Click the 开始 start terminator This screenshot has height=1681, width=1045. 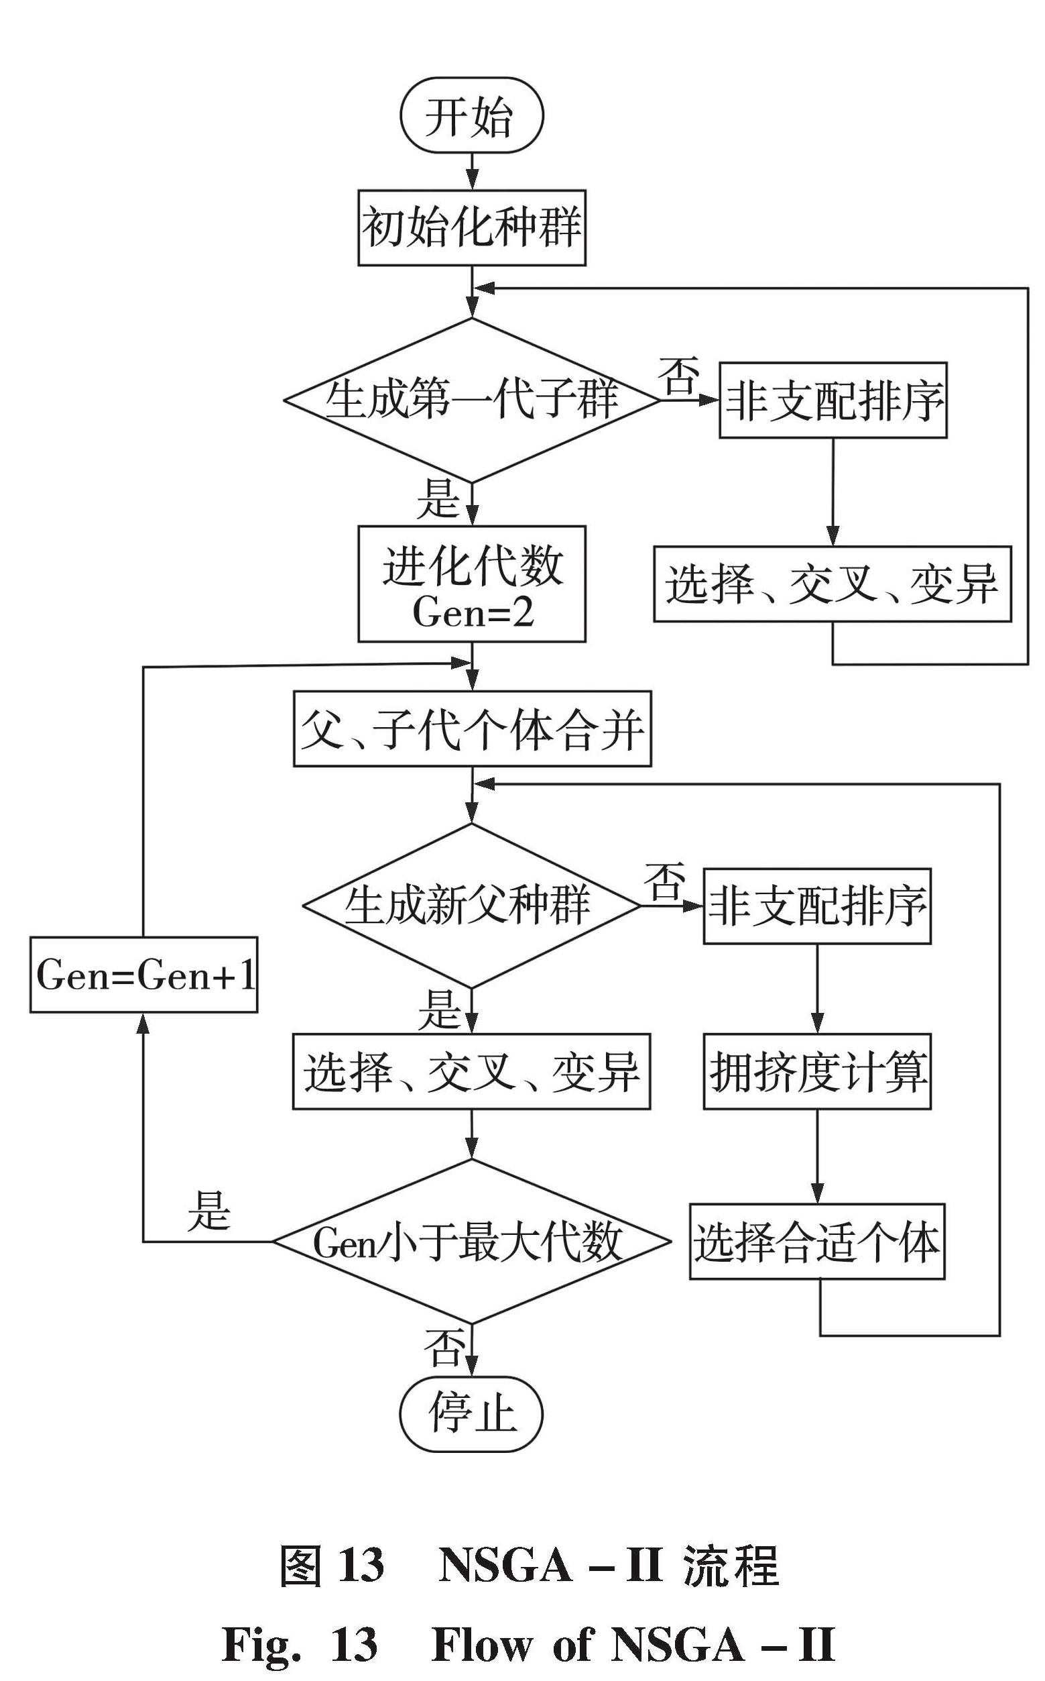(471, 115)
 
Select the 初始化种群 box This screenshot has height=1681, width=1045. (471, 227)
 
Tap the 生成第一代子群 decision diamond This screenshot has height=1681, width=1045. (471, 400)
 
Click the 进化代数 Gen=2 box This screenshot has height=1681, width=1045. (471, 584)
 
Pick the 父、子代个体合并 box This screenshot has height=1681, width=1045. (471, 729)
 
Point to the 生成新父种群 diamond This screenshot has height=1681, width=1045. (471, 905)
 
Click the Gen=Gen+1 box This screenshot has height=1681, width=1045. (143, 975)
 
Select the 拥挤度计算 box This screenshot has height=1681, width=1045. (817, 1071)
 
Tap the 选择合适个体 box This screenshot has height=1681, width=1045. (817, 1242)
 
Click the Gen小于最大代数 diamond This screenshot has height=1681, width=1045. (471, 1242)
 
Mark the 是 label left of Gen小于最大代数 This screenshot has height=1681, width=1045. (208, 1210)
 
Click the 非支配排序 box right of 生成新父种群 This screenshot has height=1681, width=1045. (817, 906)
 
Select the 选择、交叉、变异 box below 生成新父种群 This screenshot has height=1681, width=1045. (471, 1071)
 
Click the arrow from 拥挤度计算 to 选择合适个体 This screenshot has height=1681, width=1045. (817, 1156)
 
